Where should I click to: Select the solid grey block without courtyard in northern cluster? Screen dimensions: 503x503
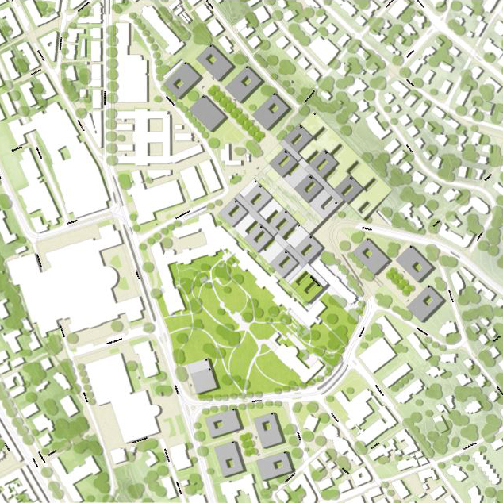point(208,113)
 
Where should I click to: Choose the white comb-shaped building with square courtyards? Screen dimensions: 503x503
point(155,135)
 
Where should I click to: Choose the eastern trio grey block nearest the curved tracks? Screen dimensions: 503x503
point(370,255)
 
